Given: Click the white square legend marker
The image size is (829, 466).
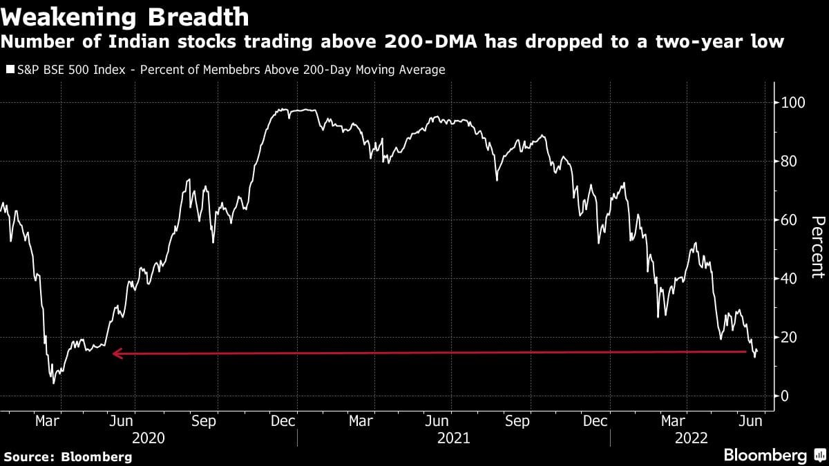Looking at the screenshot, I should (10, 70).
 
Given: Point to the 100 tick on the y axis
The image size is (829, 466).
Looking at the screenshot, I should (789, 103).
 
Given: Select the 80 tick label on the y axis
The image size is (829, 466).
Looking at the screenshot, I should (785, 162).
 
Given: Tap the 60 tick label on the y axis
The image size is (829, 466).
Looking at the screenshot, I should (785, 220).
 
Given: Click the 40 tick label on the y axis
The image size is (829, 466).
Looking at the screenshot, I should (785, 278).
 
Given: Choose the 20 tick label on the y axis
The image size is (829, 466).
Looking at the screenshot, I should (785, 337).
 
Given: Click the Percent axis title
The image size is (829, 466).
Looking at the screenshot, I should (817, 246).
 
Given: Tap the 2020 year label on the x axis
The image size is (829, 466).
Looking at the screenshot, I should (148, 438).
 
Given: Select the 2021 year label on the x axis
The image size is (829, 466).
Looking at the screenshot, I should (453, 438).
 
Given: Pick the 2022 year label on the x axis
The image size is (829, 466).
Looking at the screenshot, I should (691, 438).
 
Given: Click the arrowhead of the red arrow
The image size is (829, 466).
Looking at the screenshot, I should (116, 354).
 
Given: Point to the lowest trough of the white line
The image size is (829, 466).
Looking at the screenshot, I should (54, 382).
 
